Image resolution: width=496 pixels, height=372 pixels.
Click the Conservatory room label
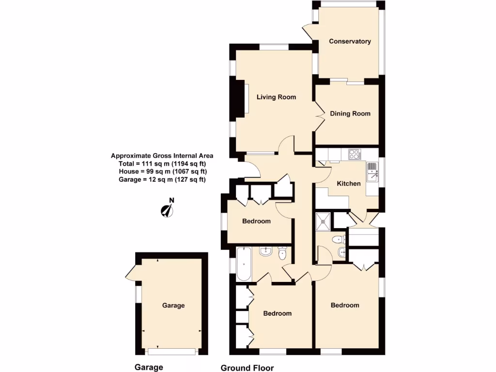pos(350,41)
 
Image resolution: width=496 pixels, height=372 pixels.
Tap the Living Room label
pos(276,97)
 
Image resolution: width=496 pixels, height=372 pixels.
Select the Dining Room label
pos(350,113)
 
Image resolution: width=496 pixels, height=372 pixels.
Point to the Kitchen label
pos(349,184)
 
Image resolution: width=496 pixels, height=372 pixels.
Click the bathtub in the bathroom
pos(244,264)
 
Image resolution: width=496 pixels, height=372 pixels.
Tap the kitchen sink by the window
pos(372,171)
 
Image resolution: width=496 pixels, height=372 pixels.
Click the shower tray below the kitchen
pos(323,221)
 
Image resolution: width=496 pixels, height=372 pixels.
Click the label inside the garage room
pos(173,306)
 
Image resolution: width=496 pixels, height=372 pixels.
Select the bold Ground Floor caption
pos(247,368)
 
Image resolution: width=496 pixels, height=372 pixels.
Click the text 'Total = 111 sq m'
pos(162,164)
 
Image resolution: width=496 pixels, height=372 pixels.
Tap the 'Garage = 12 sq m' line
pos(162,179)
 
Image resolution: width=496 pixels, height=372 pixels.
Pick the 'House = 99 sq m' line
pos(162,171)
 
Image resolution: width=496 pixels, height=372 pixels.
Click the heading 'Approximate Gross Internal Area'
pos(162,156)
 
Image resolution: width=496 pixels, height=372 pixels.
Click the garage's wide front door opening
pos(172,351)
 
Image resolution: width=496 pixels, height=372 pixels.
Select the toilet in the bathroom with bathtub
pos(283,253)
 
